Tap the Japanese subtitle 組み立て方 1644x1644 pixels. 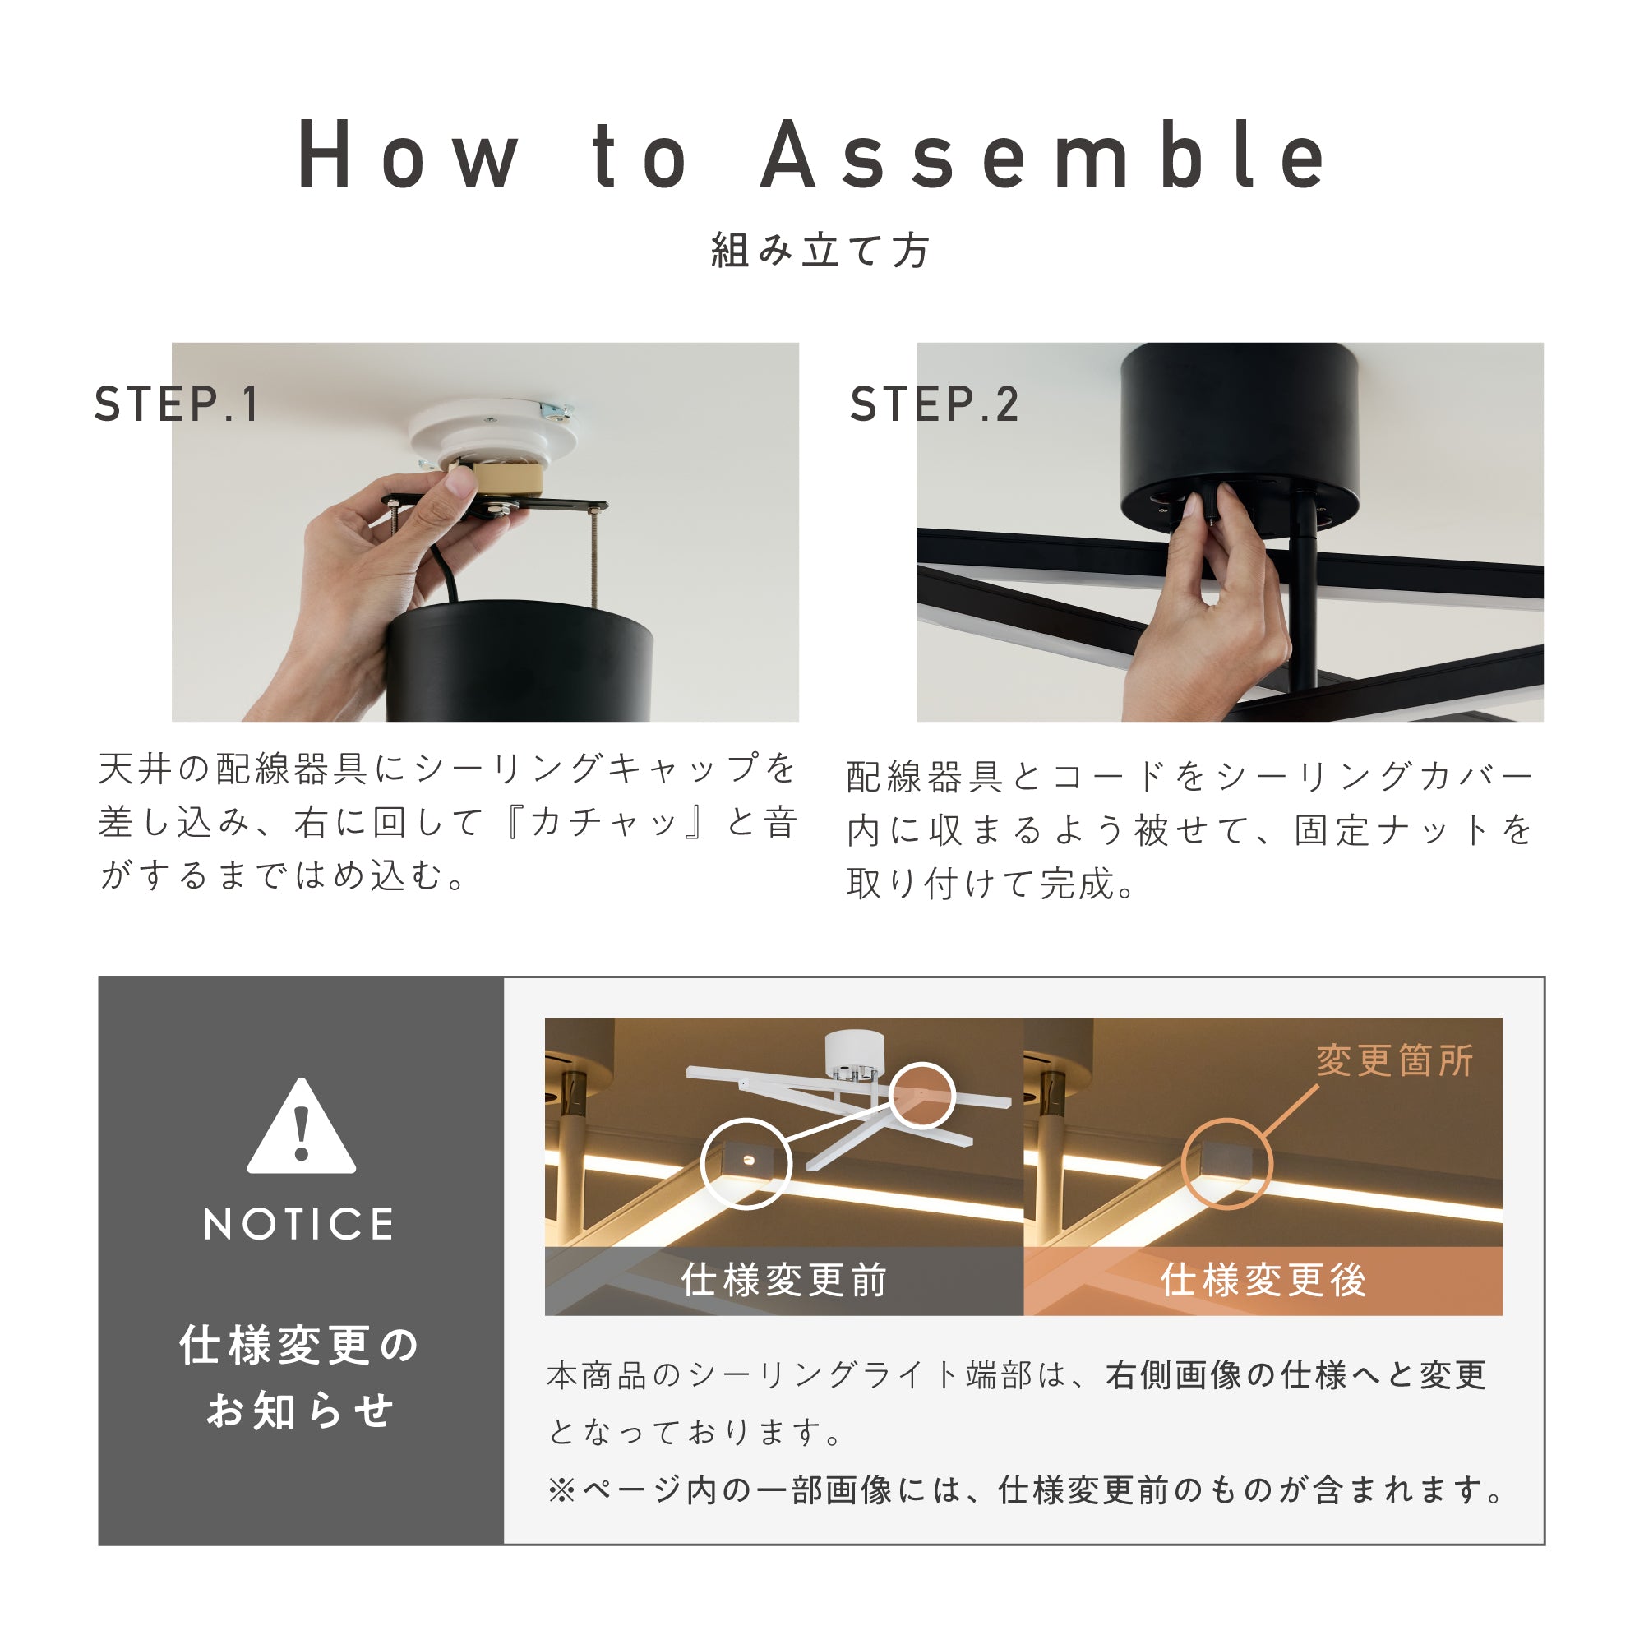click(x=821, y=250)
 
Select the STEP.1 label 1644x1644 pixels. click(x=176, y=404)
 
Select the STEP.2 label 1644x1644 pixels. click(x=935, y=404)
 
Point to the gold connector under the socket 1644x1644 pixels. click(x=507, y=479)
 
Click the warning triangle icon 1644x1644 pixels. click(x=302, y=1127)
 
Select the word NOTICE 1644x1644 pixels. click(x=299, y=1225)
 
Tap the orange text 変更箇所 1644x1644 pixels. click(x=1395, y=1060)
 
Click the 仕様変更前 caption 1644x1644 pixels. click(x=784, y=1280)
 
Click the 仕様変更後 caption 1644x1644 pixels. click(x=1263, y=1280)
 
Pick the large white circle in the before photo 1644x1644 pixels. click(x=702, y=1164)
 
